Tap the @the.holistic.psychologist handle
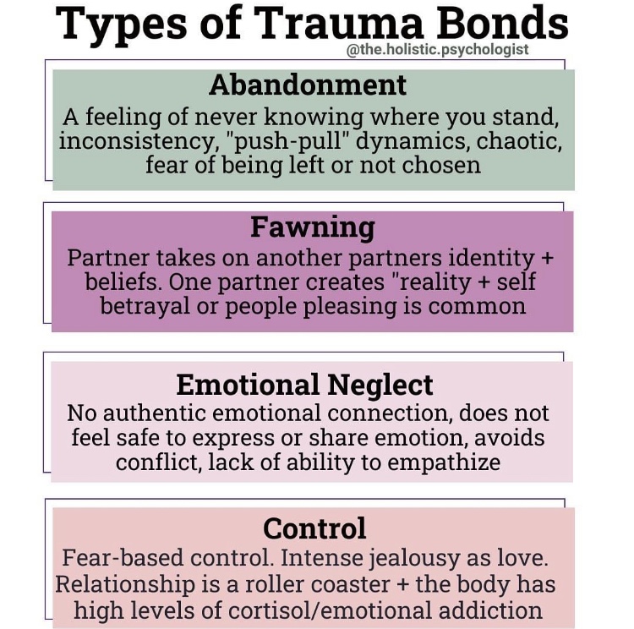click(x=438, y=49)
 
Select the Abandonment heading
click(x=308, y=85)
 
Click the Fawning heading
click(x=312, y=227)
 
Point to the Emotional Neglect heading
click(x=304, y=385)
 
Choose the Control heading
click(x=314, y=528)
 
